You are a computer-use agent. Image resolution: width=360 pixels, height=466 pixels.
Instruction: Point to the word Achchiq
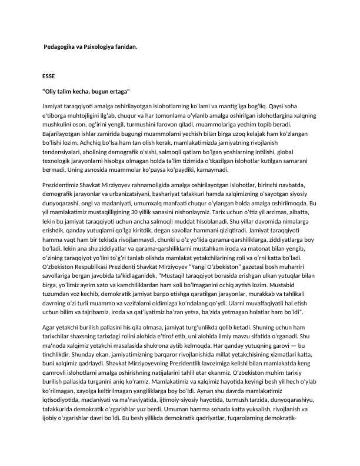coord(164,144)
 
